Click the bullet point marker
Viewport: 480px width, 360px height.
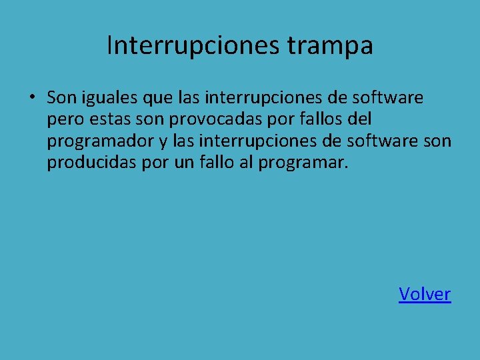click(31, 99)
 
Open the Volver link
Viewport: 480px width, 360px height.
click(425, 294)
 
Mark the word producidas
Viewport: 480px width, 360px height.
click(92, 163)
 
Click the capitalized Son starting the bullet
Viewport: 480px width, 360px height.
click(61, 99)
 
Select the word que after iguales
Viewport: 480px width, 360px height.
click(158, 99)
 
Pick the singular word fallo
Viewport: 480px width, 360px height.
click(216, 163)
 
